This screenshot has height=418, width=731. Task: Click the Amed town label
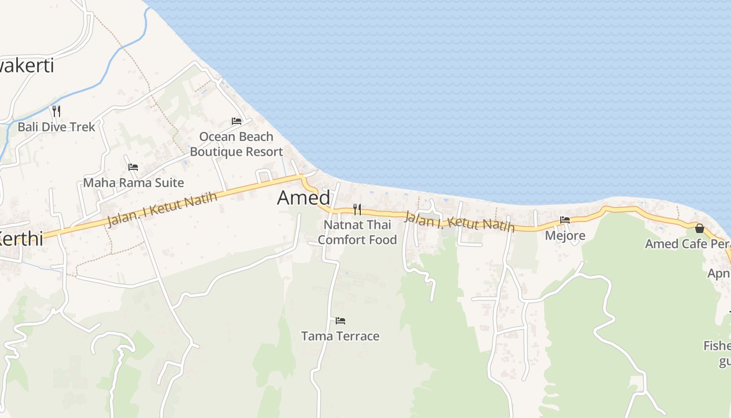click(303, 198)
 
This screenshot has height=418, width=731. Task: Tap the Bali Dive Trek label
click(56, 127)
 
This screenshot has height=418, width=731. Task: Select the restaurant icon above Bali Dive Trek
click(56, 111)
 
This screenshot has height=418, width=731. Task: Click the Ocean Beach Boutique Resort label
click(236, 144)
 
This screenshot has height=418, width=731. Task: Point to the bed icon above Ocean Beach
click(237, 121)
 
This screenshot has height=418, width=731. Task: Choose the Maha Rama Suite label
click(134, 183)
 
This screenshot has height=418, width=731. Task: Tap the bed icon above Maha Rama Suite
click(133, 167)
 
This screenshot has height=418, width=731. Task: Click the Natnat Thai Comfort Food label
click(357, 233)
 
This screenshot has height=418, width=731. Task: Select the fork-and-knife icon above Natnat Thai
click(357, 210)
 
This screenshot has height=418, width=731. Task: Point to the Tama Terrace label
click(340, 336)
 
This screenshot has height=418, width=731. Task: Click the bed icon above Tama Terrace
click(340, 320)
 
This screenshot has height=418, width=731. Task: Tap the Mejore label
click(565, 236)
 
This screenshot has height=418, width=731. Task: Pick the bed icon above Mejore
click(565, 220)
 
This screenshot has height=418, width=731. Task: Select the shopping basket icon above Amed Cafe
click(700, 228)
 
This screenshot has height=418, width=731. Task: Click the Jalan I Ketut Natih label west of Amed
click(162, 210)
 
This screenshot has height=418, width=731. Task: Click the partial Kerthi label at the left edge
click(21, 239)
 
